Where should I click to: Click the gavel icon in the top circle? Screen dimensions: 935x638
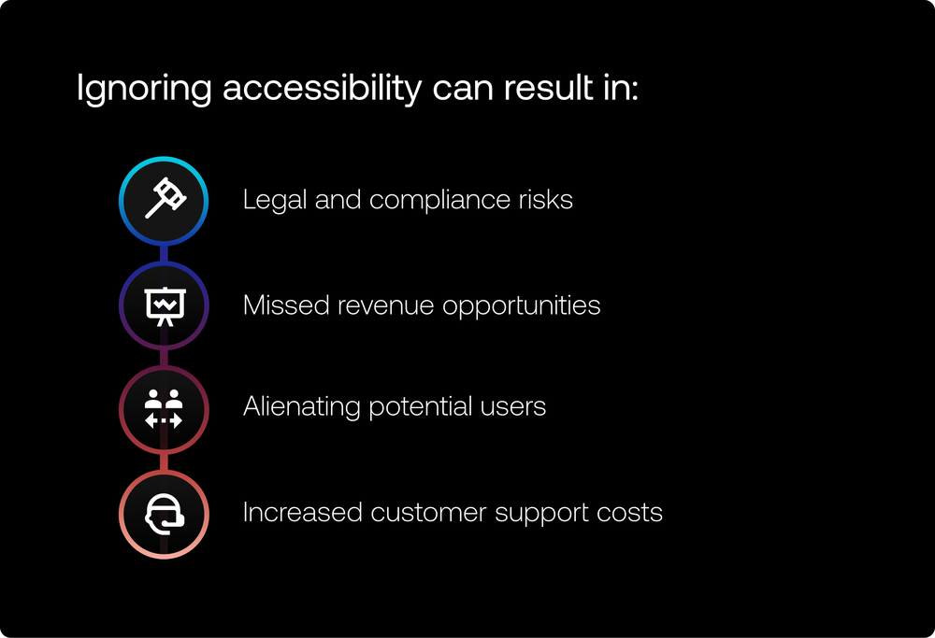click(x=165, y=198)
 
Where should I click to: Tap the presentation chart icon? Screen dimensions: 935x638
click(x=165, y=306)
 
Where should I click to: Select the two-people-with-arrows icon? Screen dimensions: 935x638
click(x=164, y=409)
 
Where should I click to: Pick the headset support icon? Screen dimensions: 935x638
click(x=165, y=514)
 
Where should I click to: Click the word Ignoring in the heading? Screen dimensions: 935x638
click(x=144, y=88)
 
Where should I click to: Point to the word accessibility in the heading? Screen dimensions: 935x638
click(x=323, y=88)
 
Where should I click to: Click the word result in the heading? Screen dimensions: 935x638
click(x=548, y=87)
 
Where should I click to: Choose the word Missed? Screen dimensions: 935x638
click(x=286, y=305)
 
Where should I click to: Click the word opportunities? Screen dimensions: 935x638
click(x=521, y=306)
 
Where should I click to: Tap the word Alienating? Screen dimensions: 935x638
click(x=302, y=407)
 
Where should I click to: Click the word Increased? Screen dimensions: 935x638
click(x=302, y=512)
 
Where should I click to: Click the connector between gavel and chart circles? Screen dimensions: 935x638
click(x=164, y=254)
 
